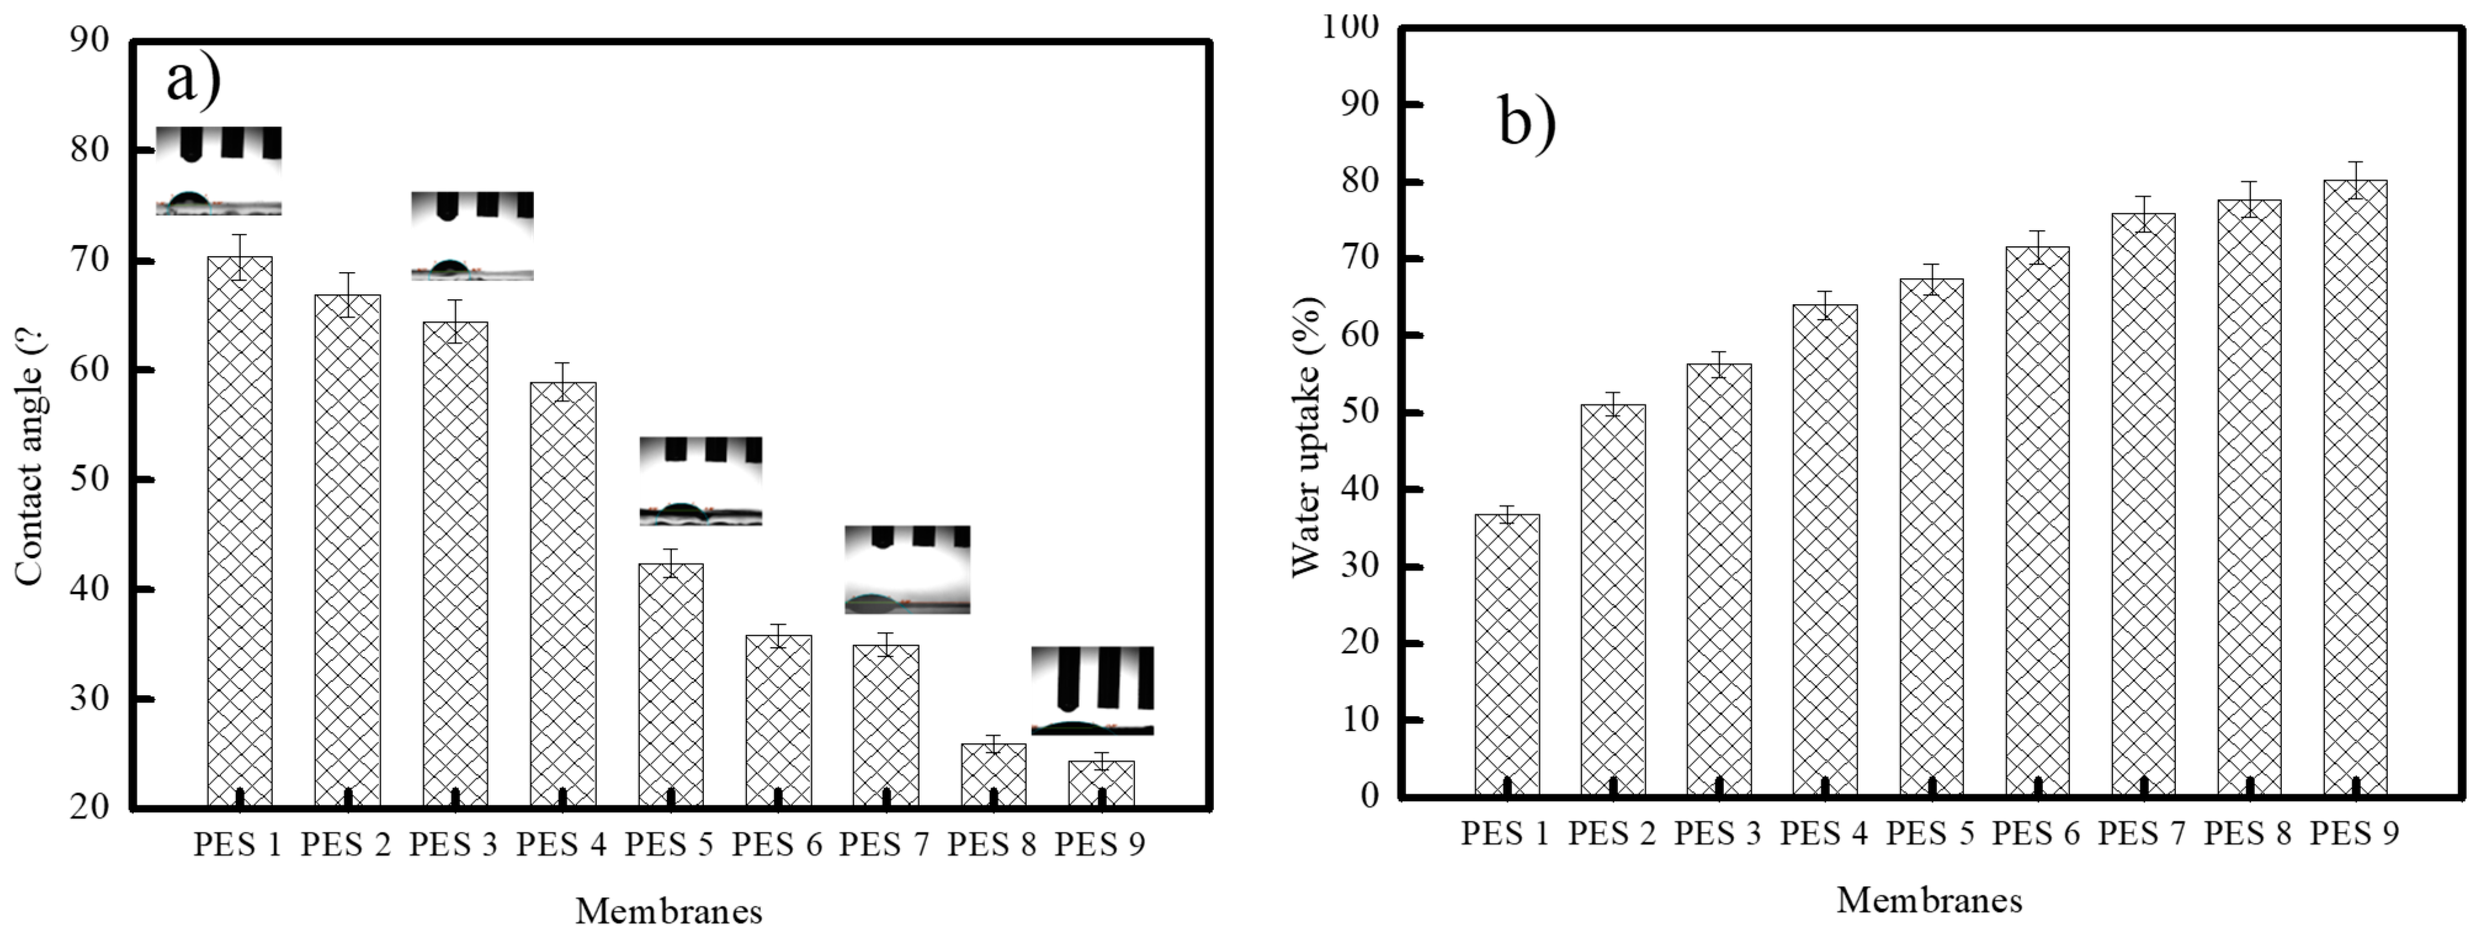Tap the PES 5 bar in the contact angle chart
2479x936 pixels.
coord(671,683)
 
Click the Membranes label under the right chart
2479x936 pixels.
coord(1930,900)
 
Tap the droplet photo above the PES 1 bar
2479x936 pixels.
coord(219,171)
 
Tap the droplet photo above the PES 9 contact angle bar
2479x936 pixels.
coord(1092,691)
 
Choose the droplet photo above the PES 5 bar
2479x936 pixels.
coord(701,481)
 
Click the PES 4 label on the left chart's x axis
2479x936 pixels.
coord(562,845)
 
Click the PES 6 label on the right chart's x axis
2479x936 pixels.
coord(2036,833)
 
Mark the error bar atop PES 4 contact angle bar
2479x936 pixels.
coord(563,381)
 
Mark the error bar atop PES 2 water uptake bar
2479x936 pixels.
coord(1613,404)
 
